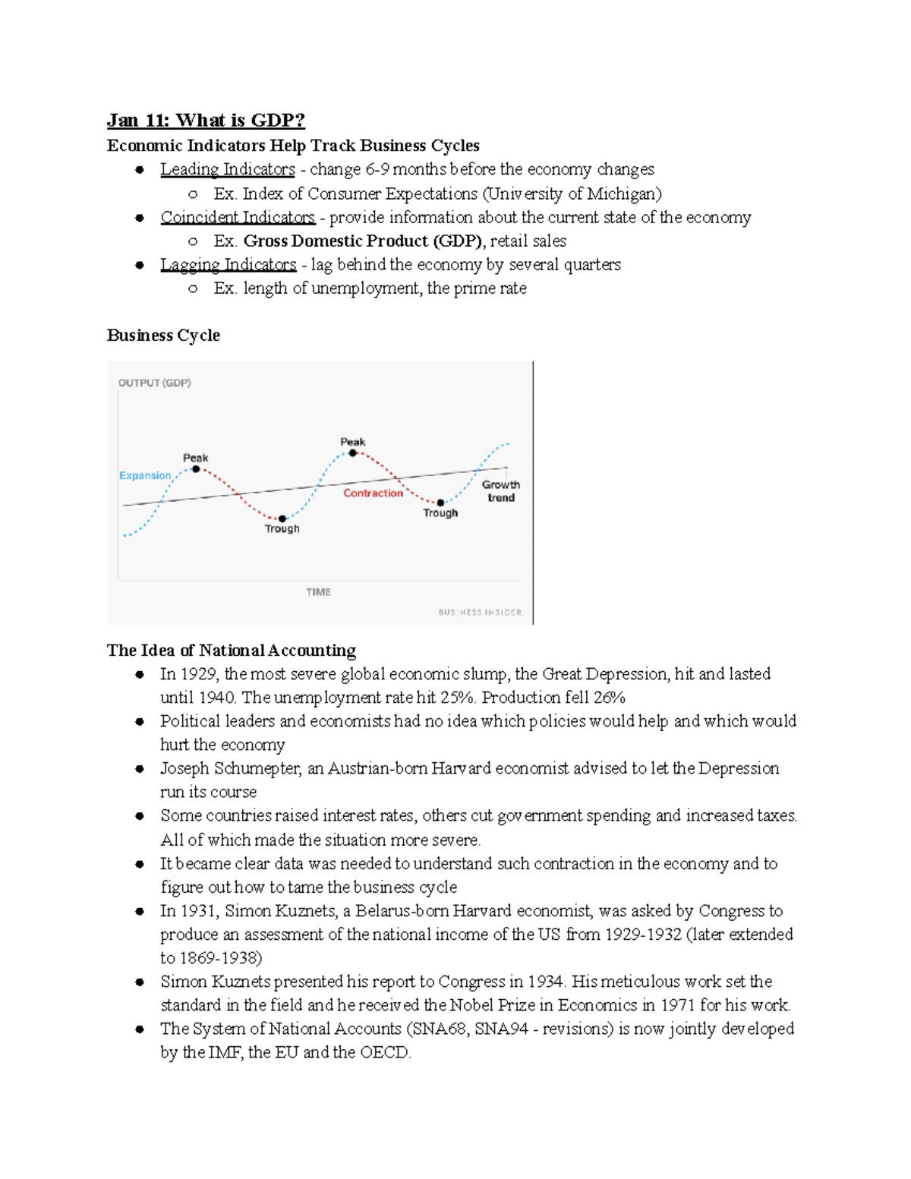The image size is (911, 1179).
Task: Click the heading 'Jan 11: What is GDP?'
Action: tap(206, 121)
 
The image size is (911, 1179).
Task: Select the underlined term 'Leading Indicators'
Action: tap(227, 169)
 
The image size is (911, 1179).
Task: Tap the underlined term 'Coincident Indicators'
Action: tap(237, 217)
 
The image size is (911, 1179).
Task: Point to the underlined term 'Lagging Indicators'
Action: tap(228, 264)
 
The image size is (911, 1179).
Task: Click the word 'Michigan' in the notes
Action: tap(624, 194)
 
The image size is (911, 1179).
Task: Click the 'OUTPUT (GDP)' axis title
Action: tap(155, 383)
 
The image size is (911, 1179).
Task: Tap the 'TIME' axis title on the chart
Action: tap(318, 592)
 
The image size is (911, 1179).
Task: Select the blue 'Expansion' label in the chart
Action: tap(145, 476)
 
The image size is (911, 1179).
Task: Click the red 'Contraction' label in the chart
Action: tap(373, 493)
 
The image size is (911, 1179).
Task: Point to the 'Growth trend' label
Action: tap(501, 491)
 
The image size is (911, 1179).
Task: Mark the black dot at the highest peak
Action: tap(353, 453)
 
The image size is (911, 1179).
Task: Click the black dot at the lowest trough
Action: tap(282, 519)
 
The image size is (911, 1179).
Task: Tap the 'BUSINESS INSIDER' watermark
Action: tap(480, 612)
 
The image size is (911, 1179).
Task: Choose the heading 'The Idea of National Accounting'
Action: tap(232, 651)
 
